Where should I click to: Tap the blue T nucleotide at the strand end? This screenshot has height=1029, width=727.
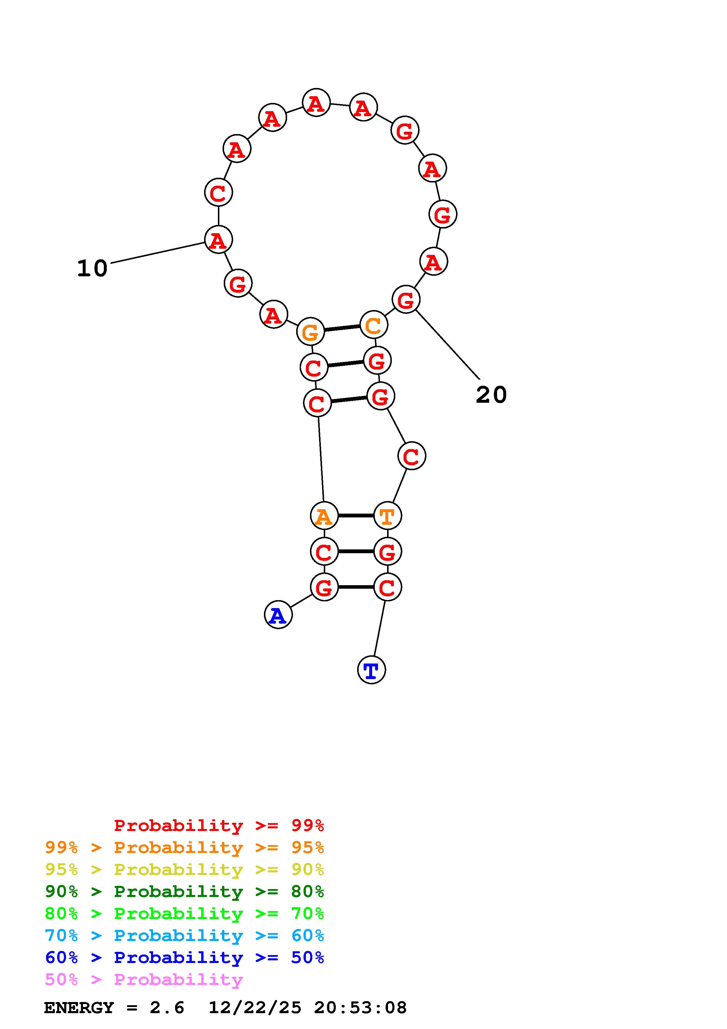coord(371,670)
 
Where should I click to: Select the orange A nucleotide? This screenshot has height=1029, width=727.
coord(324,516)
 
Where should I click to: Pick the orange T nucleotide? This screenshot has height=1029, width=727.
coord(387,516)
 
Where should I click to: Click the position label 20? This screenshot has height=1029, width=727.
coord(491,395)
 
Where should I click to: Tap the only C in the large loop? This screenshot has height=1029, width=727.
coord(218,193)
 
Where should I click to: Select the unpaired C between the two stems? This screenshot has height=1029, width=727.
coord(411,456)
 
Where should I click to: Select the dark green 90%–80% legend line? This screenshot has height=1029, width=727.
coord(184,891)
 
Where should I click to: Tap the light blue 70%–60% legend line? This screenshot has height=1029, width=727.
coord(184,935)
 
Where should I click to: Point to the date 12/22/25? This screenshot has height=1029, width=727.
coord(255,1008)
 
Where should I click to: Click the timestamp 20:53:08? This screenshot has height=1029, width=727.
coord(360,1008)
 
